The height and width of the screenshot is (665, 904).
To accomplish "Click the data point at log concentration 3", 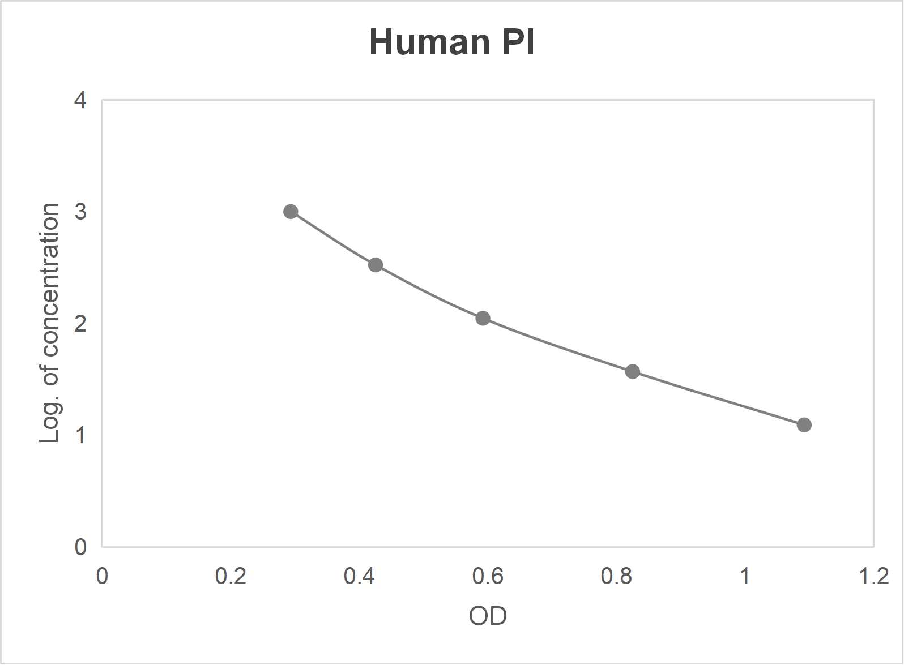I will tap(291, 212).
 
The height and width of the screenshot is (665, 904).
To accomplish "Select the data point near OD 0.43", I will tap(376, 265).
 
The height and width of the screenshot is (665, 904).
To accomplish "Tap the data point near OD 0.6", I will tap(483, 318).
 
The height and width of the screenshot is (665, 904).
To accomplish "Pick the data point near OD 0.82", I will tap(633, 372).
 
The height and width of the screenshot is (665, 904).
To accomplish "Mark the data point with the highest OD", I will tap(804, 425).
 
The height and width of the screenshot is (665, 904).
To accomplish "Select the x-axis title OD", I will tap(488, 616).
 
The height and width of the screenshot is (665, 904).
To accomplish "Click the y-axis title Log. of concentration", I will tap(50, 323).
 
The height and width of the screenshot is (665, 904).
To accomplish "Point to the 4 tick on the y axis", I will tap(80, 100).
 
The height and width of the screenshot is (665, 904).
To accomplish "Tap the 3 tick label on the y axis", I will tap(80, 212).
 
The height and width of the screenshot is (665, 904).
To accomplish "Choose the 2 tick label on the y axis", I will tap(80, 323).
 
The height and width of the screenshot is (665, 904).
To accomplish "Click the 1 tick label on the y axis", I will tap(80, 435).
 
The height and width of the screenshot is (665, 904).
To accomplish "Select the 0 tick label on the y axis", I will tap(80, 547).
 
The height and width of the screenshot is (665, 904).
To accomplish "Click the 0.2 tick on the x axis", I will tap(231, 576).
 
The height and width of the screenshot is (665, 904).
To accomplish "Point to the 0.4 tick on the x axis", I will tap(359, 576).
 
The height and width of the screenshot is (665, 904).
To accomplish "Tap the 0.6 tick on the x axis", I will tap(488, 576).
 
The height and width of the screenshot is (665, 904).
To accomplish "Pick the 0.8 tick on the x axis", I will tap(616, 576).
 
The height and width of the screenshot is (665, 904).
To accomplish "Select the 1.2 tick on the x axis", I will tap(873, 576).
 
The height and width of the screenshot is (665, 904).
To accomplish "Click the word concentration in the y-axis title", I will tap(50, 280).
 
